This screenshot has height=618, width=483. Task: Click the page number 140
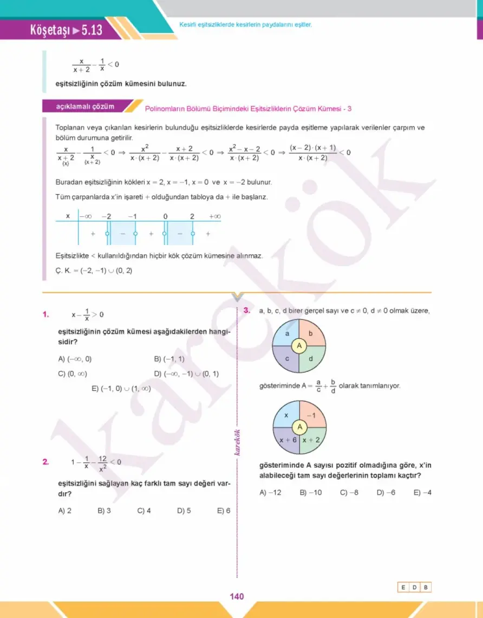[x=237, y=596]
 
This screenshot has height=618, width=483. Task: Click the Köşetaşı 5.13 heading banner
[x=67, y=31]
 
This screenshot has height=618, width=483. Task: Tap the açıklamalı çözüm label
[x=85, y=106]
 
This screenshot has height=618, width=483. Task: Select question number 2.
[x=47, y=462]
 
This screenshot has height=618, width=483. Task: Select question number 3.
[x=246, y=311]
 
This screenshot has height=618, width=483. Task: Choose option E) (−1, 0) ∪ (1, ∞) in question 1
[x=121, y=389]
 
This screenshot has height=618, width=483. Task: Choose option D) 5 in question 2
[x=184, y=510]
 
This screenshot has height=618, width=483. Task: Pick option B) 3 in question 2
[x=105, y=510]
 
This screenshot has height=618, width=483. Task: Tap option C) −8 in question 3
[x=349, y=493]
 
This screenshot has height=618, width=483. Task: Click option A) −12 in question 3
[x=270, y=493]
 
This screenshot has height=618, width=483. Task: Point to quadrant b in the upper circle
[x=310, y=334]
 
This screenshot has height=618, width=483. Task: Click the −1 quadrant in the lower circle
[x=311, y=415]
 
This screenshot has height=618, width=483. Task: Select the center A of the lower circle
[x=299, y=427]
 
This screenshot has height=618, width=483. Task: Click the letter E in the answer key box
[x=403, y=587]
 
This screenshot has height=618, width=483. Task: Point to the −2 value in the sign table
[x=107, y=216]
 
